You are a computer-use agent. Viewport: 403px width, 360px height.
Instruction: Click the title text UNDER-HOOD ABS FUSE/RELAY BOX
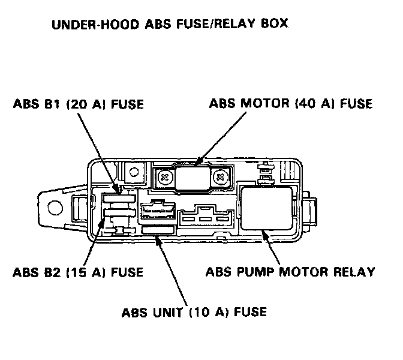[x=170, y=25]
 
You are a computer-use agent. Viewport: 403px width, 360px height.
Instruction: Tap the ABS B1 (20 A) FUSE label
[x=78, y=104]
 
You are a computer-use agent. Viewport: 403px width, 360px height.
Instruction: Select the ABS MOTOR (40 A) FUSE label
[x=291, y=103]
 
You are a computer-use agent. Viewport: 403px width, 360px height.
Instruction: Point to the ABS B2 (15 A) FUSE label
[x=78, y=272]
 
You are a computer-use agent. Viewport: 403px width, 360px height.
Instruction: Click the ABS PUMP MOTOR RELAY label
[x=290, y=272]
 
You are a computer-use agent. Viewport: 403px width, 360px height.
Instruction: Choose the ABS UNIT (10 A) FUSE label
[x=194, y=312]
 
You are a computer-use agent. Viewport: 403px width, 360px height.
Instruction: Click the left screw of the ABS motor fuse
[x=164, y=176]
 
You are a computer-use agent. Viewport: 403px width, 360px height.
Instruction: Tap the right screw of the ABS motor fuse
[x=220, y=176]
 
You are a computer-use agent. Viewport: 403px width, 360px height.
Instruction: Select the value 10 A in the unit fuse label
[x=215, y=312]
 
